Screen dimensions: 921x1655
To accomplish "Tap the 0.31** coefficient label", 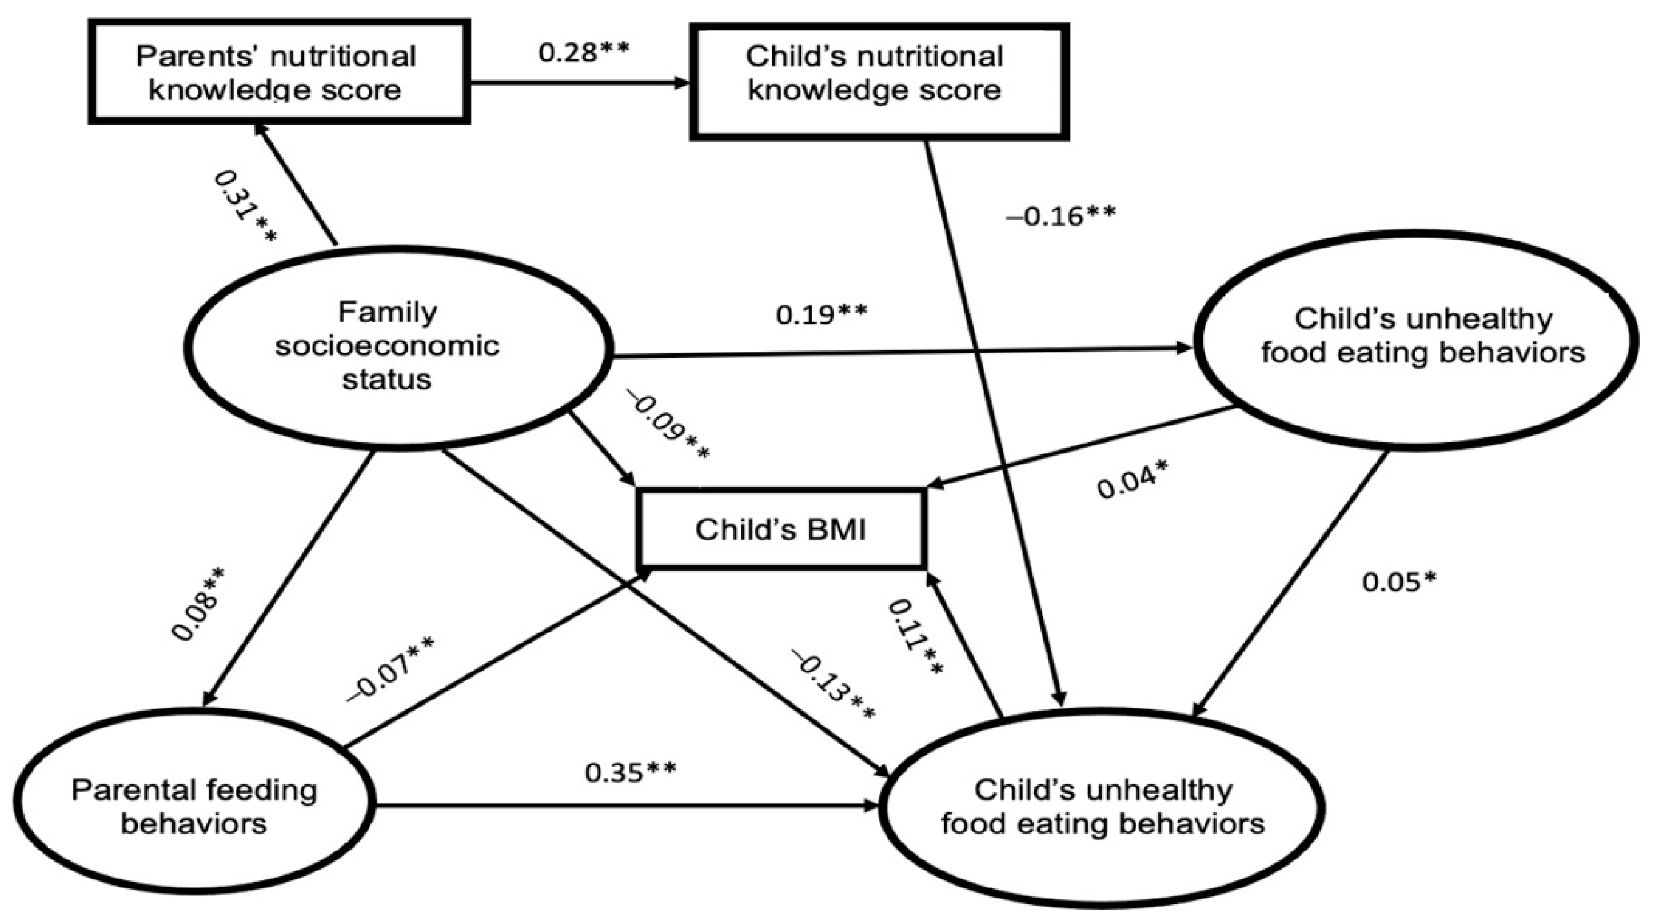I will (245, 206).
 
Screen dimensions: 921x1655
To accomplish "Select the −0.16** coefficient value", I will (1060, 217).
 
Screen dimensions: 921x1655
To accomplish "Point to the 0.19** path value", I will (821, 315).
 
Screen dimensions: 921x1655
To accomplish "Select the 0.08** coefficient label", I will (198, 604).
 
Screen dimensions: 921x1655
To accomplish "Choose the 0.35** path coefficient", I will (630, 772).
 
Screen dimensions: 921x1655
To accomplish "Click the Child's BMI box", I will (780, 529).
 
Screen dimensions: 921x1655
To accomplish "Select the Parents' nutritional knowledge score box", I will (278, 72).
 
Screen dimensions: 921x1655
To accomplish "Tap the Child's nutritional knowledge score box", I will (879, 81).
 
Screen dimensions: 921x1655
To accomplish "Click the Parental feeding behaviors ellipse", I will (194, 807).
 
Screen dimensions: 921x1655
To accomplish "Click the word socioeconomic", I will (388, 346).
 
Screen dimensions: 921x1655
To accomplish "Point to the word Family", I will (388, 313).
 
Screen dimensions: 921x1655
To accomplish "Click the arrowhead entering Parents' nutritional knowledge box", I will (260, 130).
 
